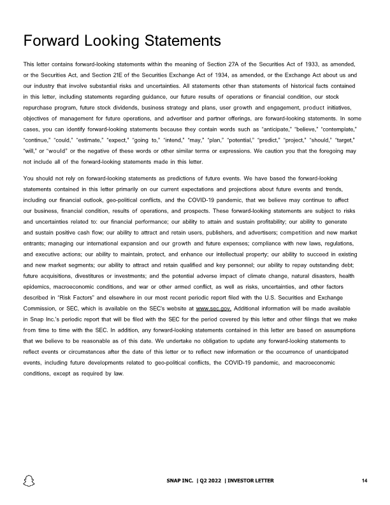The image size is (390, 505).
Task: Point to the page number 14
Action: (363, 480)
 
